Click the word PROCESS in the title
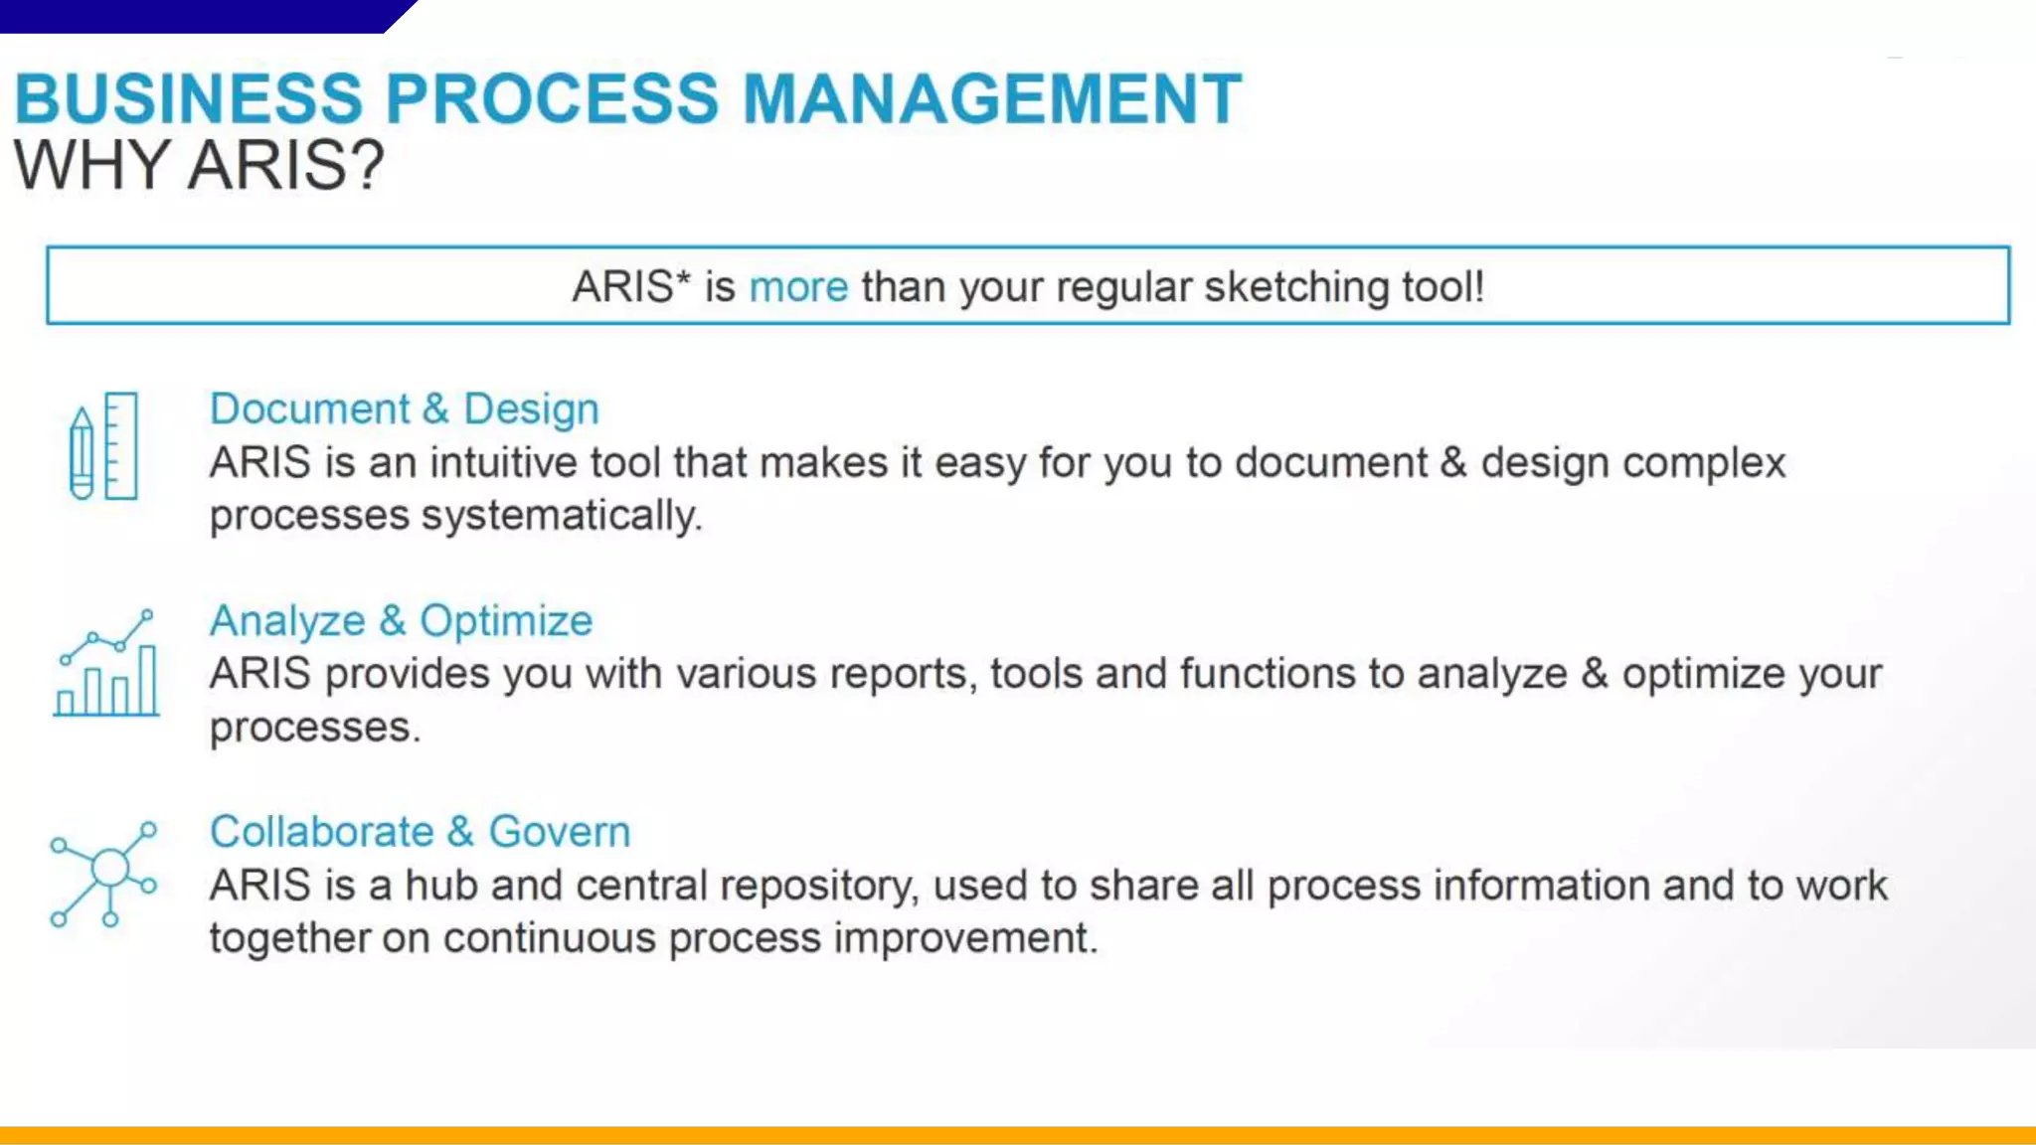coord(551,99)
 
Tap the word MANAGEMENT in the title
coord(992,99)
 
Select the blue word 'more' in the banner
coord(798,287)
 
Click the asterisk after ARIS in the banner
coord(682,278)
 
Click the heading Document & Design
coord(404,409)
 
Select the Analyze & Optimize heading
coord(401,621)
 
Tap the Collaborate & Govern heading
coord(420,832)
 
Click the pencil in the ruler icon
coord(82,452)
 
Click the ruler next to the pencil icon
coord(120,445)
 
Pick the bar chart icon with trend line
coord(106,664)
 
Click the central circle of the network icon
coord(109,868)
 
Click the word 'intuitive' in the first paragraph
coord(503,463)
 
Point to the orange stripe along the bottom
coord(1018,1135)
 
